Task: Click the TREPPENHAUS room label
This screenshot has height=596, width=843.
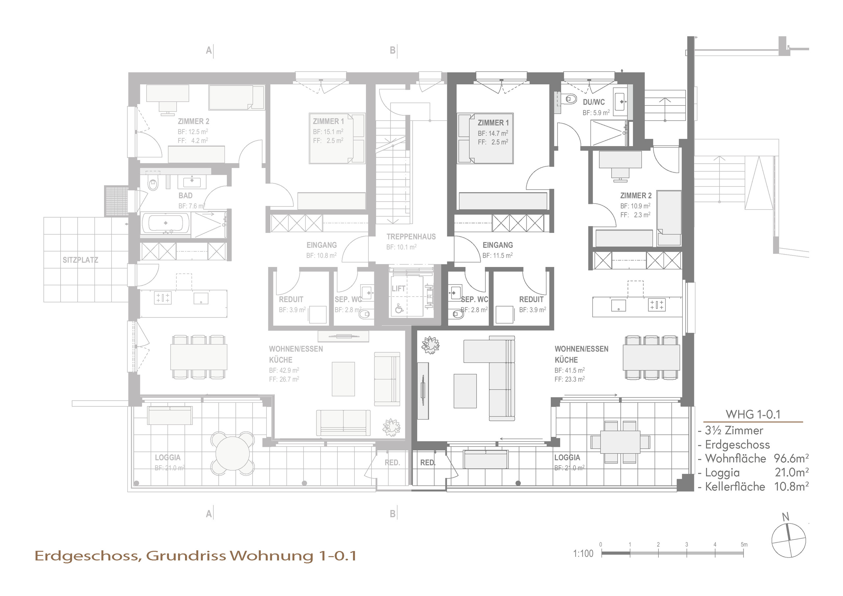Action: click(411, 237)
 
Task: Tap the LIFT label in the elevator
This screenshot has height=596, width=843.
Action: click(398, 289)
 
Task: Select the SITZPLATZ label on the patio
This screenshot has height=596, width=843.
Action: click(80, 260)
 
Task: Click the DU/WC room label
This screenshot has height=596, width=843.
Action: click(594, 102)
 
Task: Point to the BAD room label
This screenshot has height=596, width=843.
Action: click(185, 195)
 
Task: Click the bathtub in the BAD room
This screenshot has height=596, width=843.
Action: click(166, 223)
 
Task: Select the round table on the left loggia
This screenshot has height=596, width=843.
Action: click(232, 453)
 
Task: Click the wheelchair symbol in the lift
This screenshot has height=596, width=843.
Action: click(399, 308)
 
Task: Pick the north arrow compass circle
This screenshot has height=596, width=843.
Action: click(788, 541)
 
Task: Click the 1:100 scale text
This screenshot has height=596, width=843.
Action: click(583, 554)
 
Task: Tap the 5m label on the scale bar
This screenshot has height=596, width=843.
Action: click(744, 544)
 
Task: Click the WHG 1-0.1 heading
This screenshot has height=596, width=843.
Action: click(753, 414)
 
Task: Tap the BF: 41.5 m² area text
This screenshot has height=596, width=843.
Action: click(569, 370)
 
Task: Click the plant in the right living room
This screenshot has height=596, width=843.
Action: click(430, 345)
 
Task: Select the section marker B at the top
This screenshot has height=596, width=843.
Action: click(393, 50)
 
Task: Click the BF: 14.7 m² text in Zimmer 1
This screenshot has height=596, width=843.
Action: click(493, 133)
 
